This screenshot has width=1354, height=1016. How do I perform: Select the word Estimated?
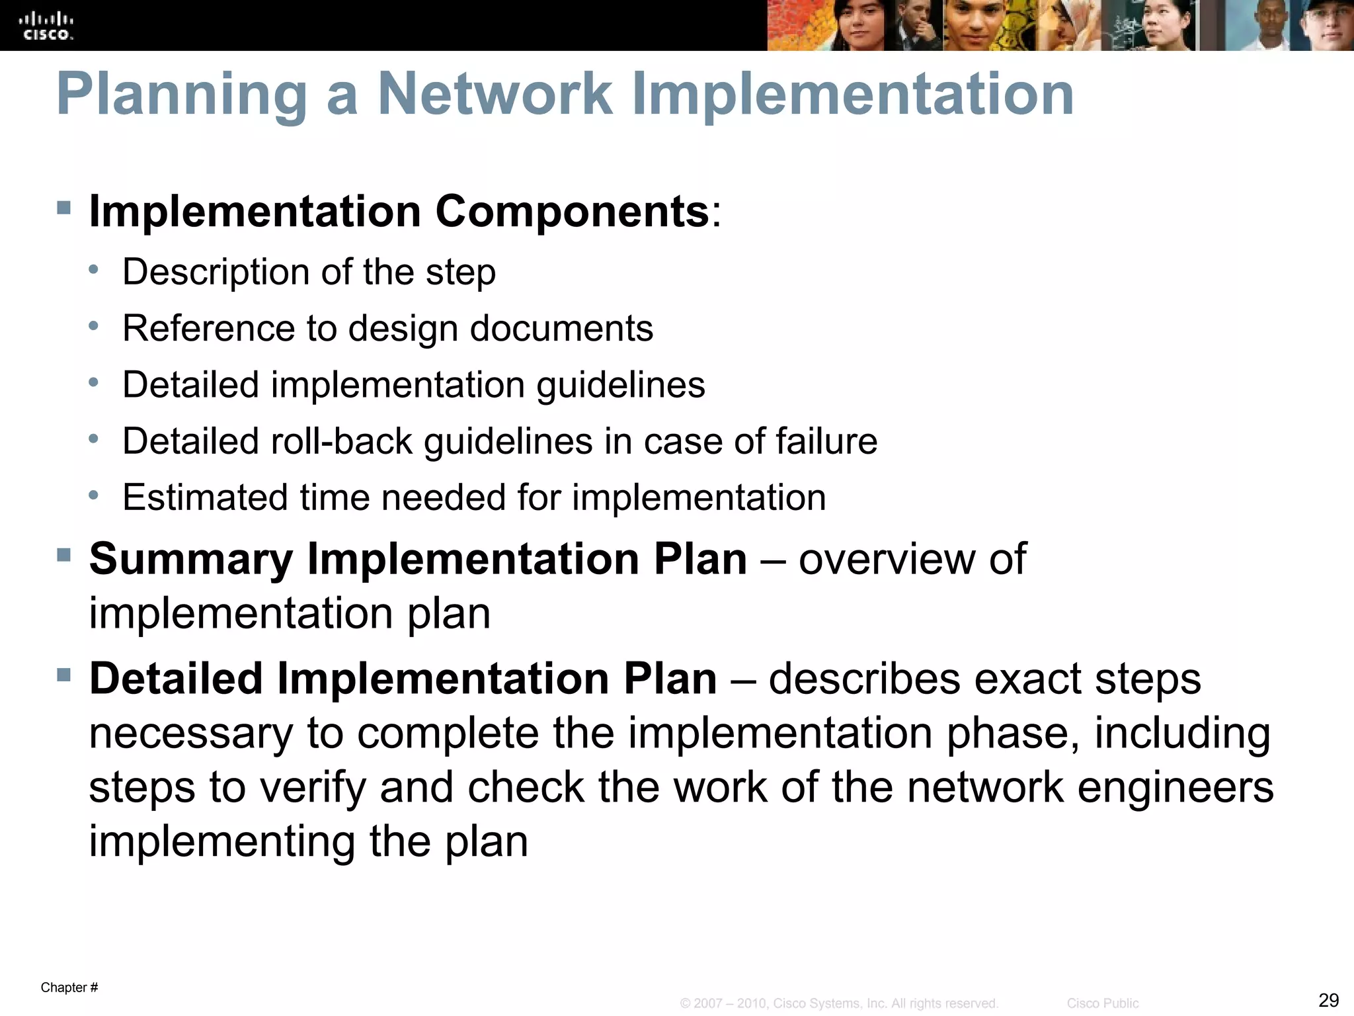click(205, 497)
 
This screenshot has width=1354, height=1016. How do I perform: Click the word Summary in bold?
click(191, 560)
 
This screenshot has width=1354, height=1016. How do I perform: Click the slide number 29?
click(1328, 999)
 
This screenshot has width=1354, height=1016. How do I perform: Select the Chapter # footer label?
click(69, 988)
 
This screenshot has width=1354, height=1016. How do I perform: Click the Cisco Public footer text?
click(1102, 1003)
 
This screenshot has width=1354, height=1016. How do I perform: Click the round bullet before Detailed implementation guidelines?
click(94, 382)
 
